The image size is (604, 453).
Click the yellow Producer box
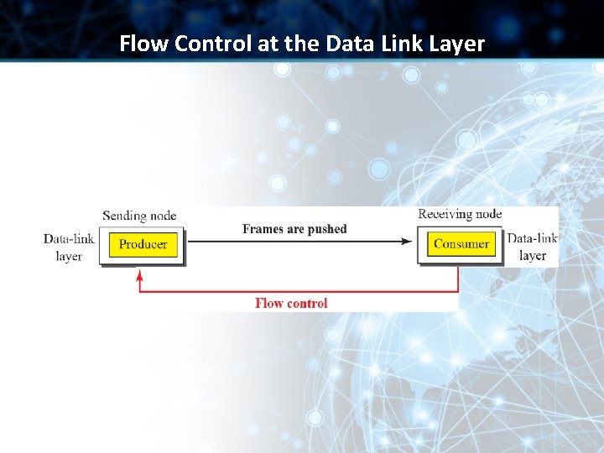tap(143, 244)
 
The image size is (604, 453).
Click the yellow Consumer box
tap(461, 244)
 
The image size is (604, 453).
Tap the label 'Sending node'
tap(139, 216)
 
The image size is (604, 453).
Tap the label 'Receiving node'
tap(460, 214)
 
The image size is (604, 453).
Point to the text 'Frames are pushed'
tap(294, 229)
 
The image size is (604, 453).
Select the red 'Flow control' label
tap(291, 303)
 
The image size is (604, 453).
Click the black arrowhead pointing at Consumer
tap(407, 242)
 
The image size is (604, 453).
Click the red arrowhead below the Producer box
tap(139, 274)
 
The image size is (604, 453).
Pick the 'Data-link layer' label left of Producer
tap(69, 247)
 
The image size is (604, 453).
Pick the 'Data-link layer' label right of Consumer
tap(532, 247)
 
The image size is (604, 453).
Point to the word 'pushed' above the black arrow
tap(326, 229)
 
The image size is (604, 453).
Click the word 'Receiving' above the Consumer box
tap(445, 214)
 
